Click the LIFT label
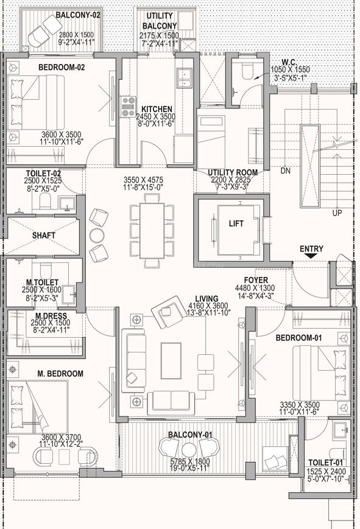(x=236, y=223)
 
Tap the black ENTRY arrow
(x=311, y=256)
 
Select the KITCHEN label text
(x=157, y=110)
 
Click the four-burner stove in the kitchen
(x=129, y=107)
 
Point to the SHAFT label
(x=44, y=235)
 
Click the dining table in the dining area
(x=152, y=231)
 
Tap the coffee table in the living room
(x=171, y=360)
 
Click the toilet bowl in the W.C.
(x=247, y=71)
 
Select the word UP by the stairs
(x=337, y=213)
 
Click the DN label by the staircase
(x=285, y=170)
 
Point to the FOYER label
(x=256, y=281)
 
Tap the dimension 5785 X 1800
(x=190, y=461)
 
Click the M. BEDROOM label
(x=60, y=374)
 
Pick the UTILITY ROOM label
(x=233, y=172)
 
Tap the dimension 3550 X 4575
(x=143, y=180)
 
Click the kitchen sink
(x=184, y=79)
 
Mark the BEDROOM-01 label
(x=298, y=338)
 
